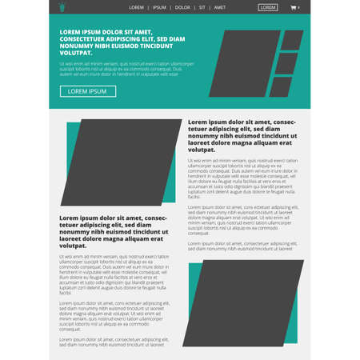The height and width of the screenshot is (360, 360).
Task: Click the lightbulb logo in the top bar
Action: coord(62,7)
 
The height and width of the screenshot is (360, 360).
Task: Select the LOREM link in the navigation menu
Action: coord(136,7)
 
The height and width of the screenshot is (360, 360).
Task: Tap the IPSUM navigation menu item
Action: coord(159,7)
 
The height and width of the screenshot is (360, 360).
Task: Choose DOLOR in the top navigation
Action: coord(182,7)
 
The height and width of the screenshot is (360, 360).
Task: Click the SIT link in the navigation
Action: coord(202,7)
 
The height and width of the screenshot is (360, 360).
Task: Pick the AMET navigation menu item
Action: coord(220,7)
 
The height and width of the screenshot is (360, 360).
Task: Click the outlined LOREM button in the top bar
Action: coord(268,7)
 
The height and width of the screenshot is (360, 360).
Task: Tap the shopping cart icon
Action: coord(294,7)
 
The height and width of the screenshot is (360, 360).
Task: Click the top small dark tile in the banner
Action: coord(292,40)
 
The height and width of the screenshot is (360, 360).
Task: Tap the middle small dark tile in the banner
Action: coord(286,63)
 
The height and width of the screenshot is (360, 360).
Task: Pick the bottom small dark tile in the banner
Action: coord(281,86)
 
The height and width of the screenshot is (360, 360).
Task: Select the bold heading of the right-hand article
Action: coord(242,136)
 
